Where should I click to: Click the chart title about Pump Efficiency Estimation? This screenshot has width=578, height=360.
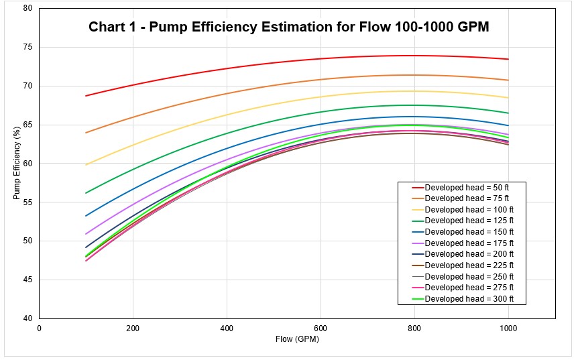coord(289,27)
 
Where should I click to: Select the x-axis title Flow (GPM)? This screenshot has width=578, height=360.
coord(297,340)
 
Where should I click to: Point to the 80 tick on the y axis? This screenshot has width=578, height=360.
coord(27,9)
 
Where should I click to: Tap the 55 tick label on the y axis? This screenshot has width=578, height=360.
coord(27,202)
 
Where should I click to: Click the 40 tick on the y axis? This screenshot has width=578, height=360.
coord(27,318)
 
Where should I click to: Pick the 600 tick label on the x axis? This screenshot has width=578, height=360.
coord(321,328)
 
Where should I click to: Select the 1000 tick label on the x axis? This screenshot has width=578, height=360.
coord(508,328)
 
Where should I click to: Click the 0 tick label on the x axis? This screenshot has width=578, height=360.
coord(40,328)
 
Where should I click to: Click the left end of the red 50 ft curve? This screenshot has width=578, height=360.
coord(86,96)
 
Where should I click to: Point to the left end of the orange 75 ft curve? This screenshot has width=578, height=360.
coord(86,133)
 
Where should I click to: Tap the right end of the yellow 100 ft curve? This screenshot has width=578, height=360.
coord(508,98)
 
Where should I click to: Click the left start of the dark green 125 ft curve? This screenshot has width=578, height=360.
coord(86,193)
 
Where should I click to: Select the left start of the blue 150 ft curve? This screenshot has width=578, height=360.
coord(86,216)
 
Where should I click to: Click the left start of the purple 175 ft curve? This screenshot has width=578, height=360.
coord(86,234)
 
